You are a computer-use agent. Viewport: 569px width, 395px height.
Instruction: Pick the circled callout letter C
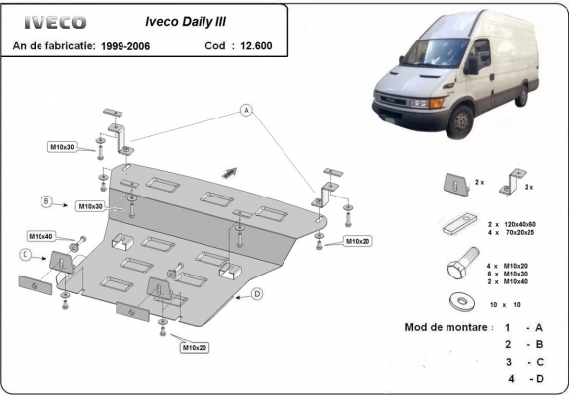click(x=24, y=255)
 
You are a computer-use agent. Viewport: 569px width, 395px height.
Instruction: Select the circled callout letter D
click(x=257, y=293)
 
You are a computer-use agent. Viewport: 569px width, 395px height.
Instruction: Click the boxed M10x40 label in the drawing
click(x=41, y=237)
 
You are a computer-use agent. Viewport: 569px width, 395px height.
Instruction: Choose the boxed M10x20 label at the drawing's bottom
click(x=194, y=347)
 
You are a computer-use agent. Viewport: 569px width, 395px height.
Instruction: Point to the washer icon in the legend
click(x=457, y=301)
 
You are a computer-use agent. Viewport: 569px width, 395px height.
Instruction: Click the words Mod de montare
click(x=446, y=327)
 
